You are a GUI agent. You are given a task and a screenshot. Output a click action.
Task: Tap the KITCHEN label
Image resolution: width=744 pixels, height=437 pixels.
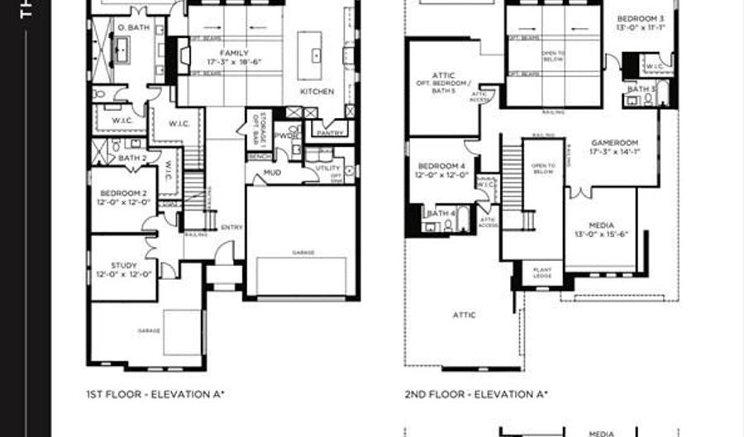[x=317, y=92]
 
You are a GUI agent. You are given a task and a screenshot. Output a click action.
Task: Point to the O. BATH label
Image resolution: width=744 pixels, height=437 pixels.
[x=131, y=27]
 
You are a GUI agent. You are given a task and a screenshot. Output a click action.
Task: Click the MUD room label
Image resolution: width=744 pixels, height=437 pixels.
[x=272, y=173]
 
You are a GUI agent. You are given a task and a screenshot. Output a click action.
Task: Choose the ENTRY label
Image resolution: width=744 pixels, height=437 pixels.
[x=231, y=228]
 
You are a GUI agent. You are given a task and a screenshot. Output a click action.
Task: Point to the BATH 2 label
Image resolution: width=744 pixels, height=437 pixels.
[x=132, y=158]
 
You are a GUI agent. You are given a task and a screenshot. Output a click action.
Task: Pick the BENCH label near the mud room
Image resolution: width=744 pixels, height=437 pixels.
[x=258, y=156]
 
